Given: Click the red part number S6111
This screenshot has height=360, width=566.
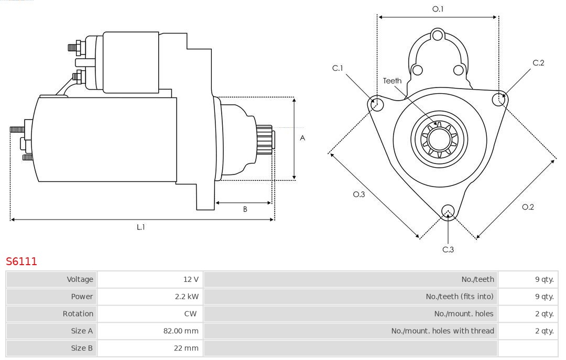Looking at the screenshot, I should (21, 261).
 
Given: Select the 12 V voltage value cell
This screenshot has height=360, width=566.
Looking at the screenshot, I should (192, 279).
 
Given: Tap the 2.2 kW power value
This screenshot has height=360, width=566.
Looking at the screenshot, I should (187, 297).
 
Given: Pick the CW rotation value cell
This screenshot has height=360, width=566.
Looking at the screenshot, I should (190, 314).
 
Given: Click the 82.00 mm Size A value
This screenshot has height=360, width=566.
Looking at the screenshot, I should (181, 331).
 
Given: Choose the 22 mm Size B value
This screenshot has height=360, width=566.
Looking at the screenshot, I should (186, 348).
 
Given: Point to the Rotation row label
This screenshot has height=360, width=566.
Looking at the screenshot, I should (78, 314).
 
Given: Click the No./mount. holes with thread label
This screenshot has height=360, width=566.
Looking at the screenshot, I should (442, 331).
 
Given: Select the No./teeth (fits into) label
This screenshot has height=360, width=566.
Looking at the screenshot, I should (460, 297).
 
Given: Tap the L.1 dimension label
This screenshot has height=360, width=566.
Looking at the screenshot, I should (141, 227).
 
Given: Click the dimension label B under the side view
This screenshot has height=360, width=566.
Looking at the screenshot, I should (245, 209).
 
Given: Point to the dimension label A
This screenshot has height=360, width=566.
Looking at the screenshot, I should (302, 138).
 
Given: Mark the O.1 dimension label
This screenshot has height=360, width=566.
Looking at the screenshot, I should (438, 9).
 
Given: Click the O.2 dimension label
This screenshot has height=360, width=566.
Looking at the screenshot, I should (528, 207).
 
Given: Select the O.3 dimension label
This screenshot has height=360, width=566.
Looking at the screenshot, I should (358, 194).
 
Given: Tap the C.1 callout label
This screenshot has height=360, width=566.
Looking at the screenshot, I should (338, 68).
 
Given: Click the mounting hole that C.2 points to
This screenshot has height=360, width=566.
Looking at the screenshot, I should (499, 99).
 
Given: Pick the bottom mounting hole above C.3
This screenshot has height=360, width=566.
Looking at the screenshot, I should (448, 211).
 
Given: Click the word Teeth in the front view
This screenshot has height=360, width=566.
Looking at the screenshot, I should (392, 81).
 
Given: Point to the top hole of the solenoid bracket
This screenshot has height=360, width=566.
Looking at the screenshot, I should (438, 36).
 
